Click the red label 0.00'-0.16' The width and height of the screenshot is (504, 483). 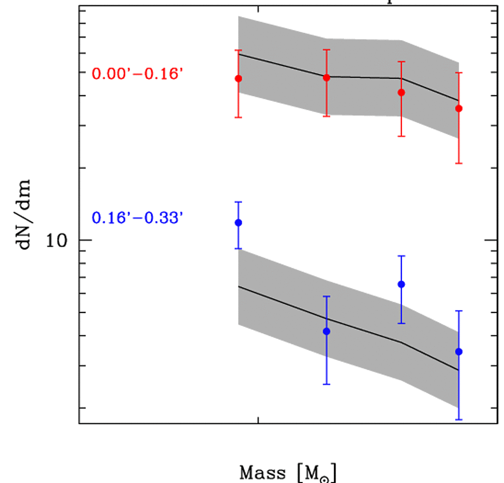[x=138, y=74]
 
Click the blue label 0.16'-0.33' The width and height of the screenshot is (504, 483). [x=138, y=218]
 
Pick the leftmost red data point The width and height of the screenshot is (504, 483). [x=238, y=78]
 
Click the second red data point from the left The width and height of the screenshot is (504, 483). [x=326, y=78]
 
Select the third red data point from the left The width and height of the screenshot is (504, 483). [x=401, y=92]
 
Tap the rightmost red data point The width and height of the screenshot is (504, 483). [x=459, y=108]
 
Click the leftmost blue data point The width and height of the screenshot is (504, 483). [x=238, y=222]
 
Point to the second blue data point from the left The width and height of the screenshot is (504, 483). [x=326, y=331]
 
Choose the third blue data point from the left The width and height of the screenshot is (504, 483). [x=401, y=284]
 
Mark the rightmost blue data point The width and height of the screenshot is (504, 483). [x=459, y=352]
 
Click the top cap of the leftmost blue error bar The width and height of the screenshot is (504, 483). [x=238, y=202]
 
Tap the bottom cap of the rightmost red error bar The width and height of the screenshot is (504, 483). [x=459, y=163]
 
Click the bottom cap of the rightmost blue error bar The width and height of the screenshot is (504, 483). [x=459, y=420]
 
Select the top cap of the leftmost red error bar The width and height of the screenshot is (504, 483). [x=238, y=50]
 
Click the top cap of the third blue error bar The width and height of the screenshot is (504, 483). [x=401, y=256]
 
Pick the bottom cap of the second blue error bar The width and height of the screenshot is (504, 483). [x=326, y=384]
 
